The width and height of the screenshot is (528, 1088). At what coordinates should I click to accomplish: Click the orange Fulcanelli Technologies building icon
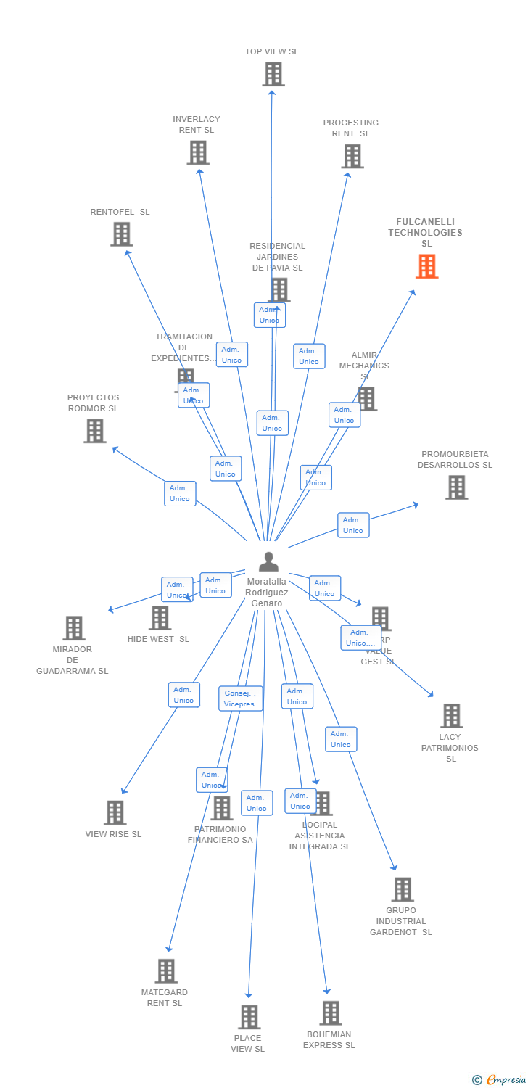tap(427, 266)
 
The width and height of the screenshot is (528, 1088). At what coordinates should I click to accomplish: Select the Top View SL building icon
tap(273, 74)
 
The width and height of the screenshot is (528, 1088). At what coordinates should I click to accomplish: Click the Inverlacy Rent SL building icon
tap(198, 152)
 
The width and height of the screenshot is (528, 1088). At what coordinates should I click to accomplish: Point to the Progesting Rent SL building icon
tap(352, 156)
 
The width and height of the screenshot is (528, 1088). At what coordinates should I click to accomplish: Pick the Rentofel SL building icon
tap(121, 234)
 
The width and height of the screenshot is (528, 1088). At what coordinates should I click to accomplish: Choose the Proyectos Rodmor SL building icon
tap(94, 431)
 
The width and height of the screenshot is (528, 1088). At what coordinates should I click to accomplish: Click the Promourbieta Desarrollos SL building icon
tap(456, 487)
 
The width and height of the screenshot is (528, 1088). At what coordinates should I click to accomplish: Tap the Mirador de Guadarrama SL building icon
tap(73, 628)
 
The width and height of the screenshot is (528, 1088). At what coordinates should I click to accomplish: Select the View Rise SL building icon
tap(115, 813)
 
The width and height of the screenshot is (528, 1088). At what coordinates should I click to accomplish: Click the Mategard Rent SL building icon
tap(166, 971)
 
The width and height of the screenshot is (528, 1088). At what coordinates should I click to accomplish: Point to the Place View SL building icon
tap(249, 1017)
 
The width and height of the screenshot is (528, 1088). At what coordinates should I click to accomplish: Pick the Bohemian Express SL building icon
tap(330, 1013)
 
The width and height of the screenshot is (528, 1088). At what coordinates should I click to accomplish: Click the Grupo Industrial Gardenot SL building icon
tap(402, 889)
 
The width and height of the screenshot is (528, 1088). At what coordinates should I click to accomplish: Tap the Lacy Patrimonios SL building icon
tap(451, 716)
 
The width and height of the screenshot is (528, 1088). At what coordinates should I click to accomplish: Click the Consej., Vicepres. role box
tap(241, 698)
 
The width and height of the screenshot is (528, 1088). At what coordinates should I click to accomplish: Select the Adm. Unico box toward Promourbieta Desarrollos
tap(353, 525)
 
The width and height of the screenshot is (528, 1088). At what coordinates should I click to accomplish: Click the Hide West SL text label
tap(158, 640)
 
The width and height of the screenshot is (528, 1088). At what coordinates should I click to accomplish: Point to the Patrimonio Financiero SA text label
tap(220, 835)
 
